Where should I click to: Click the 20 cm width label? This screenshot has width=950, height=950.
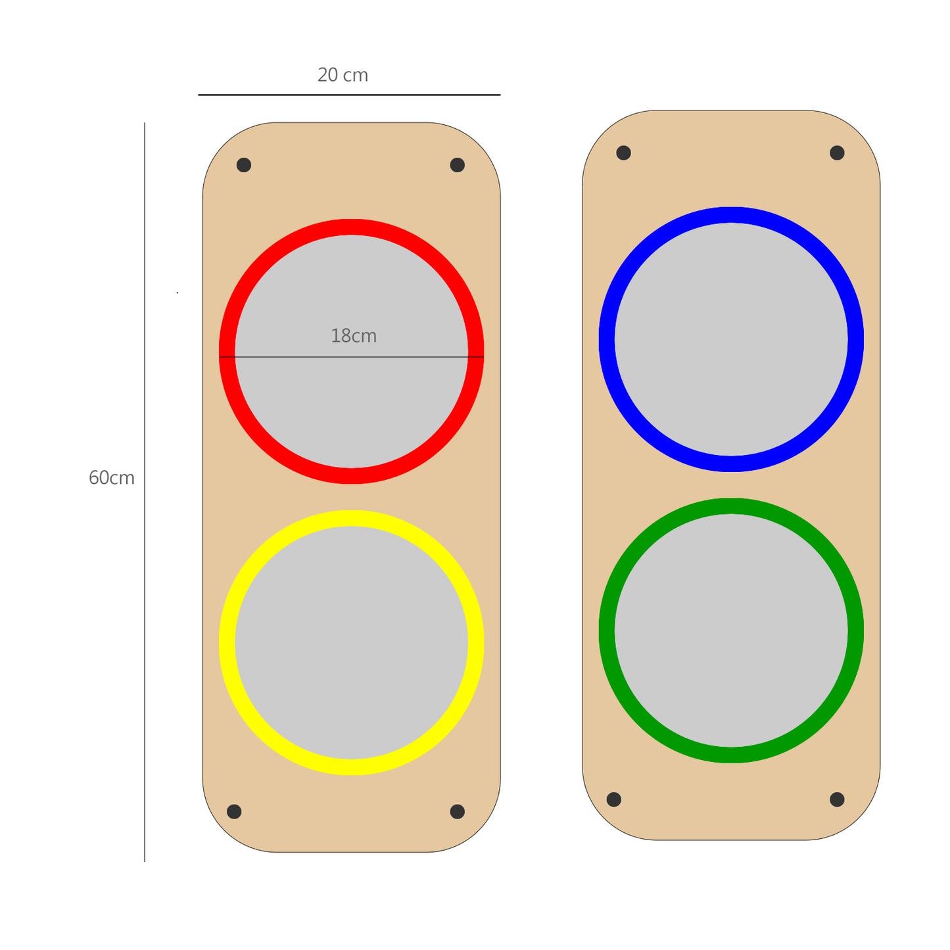(343, 75)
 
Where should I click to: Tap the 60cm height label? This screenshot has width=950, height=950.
(111, 478)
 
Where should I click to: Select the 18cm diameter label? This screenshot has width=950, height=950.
(354, 336)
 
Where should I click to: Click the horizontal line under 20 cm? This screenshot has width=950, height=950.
(349, 95)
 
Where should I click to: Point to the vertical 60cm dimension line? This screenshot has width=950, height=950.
(145, 592)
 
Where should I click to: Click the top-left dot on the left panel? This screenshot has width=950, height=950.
(244, 165)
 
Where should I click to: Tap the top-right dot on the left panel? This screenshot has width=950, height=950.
(458, 165)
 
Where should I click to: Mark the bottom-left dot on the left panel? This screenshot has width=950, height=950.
(234, 811)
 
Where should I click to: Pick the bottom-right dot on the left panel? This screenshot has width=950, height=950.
(458, 811)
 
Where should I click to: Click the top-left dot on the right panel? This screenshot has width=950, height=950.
(624, 153)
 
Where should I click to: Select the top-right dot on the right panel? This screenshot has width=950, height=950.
(837, 153)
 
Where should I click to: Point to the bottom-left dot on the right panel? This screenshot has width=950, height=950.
(614, 799)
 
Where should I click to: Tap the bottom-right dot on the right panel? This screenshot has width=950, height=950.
(837, 799)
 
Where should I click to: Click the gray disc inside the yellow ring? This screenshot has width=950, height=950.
(352, 643)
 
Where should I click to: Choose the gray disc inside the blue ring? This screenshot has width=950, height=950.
(731, 339)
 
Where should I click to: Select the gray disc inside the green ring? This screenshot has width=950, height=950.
(731, 630)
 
